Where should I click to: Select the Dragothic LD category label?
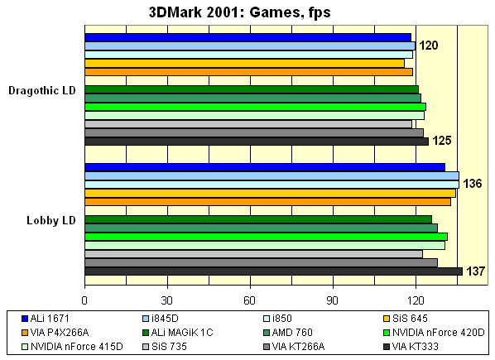click(x=42, y=90)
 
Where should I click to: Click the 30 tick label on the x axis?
click(x=167, y=301)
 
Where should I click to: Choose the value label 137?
click(x=475, y=271)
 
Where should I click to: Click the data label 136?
click(x=473, y=183)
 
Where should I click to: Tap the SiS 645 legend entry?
click(x=410, y=319)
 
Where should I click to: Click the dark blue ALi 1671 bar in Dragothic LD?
click(x=247, y=37)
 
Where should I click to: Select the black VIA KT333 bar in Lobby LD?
click(x=273, y=271)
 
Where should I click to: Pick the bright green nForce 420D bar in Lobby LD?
click(x=266, y=237)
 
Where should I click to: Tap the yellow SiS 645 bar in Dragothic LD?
click(x=244, y=63)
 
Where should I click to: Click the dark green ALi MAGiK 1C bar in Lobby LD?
click(x=258, y=219)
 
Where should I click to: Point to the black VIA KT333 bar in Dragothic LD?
click(x=256, y=142)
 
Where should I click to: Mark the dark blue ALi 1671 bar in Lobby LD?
click(x=265, y=167)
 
